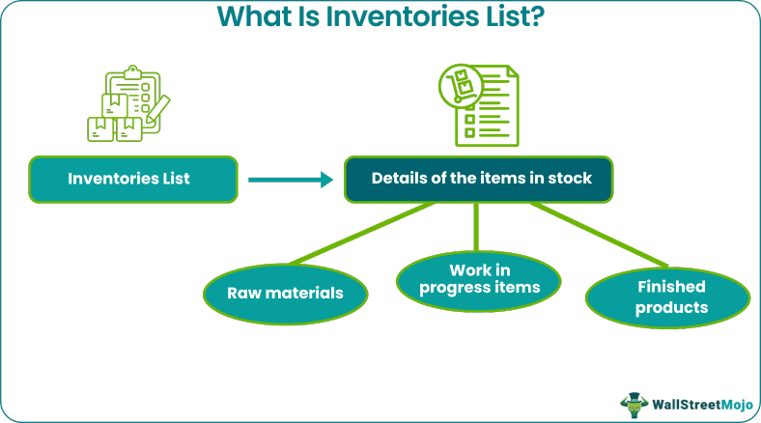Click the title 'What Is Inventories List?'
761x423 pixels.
tap(380, 16)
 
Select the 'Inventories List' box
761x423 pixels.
tap(133, 179)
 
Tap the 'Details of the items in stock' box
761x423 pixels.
tap(478, 179)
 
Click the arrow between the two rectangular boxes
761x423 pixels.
tap(291, 179)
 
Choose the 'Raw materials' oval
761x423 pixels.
tap(285, 293)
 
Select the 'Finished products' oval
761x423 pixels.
tap(668, 296)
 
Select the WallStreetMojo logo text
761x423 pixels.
tap(701, 404)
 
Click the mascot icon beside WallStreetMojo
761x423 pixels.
tap(633, 403)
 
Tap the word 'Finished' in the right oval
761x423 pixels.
tap(670, 287)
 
